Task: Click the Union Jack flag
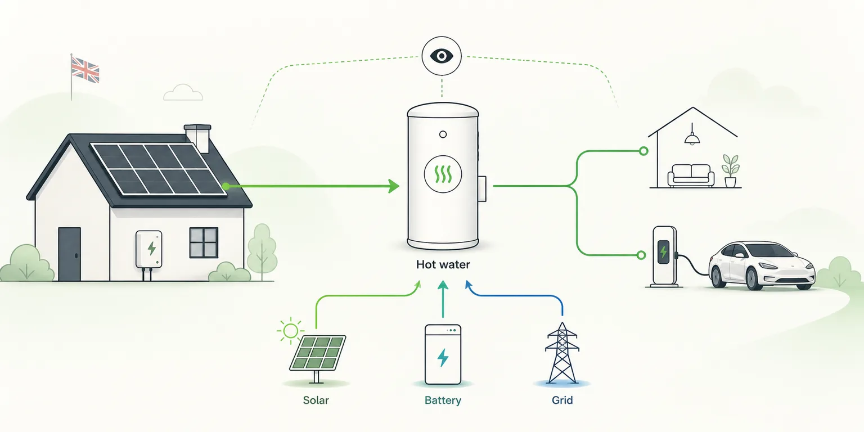pos(85,70)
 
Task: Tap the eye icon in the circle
pos(441,56)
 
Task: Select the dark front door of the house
pos(69,254)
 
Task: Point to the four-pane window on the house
pos(204,242)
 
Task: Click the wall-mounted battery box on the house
pos(149,249)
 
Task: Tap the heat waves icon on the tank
pos(443,174)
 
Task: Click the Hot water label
pos(443,264)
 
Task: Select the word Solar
pos(316,400)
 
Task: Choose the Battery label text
pos(443,400)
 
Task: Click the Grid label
pos(562,400)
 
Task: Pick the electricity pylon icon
pos(562,353)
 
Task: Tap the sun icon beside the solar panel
pos(290,331)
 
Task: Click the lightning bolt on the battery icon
pos(443,357)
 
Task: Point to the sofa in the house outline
pos(691,175)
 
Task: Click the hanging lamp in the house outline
pos(692,134)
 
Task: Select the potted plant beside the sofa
pos(730,171)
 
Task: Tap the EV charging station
pos(664,256)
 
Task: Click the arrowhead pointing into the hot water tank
pos(394,186)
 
